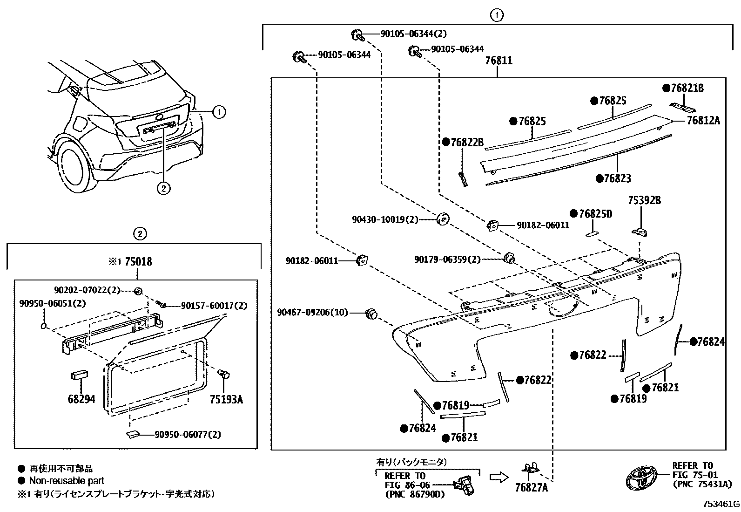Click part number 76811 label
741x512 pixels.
point(498,61)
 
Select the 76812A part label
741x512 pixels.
point(703,120)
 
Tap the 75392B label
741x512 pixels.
point(644,201)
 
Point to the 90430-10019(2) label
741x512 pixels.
point(385,219)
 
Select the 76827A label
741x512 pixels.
point(532,487)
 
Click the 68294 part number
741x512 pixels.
point(81,399)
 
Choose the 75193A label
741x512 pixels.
point(226,399)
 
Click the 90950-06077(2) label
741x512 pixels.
point(188,435)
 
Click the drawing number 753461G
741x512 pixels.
point(721,504)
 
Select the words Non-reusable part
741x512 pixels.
point(67,481)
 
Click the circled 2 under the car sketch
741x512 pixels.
point(163,188)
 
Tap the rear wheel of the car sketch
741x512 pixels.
point(74,168)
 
